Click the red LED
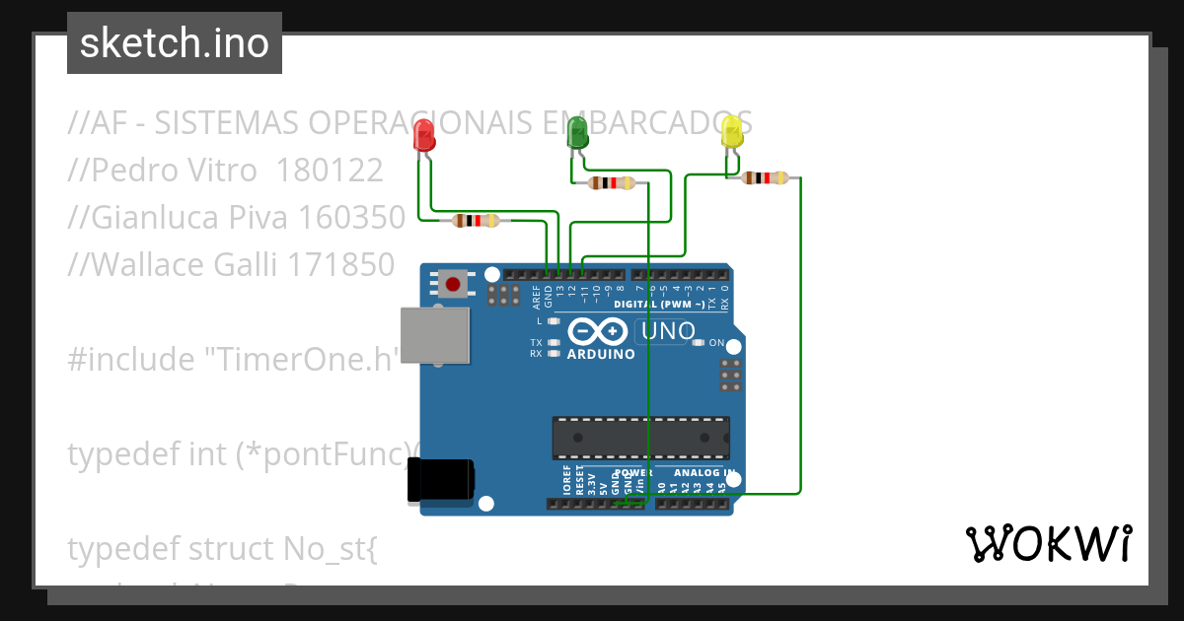[x=424, y=135]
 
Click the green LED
[x=577, y=132]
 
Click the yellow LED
[x=732, y=132]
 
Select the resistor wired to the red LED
[x=476, y=221]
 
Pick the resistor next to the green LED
[x=611, y=182]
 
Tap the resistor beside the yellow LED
[x=765, y=178]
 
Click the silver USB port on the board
[x=434, y=335]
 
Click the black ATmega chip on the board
[x=639, y=438]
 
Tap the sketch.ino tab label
[x=175, y=43]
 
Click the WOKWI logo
[x=1048, y=544]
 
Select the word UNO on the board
[x=668, y=332]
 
